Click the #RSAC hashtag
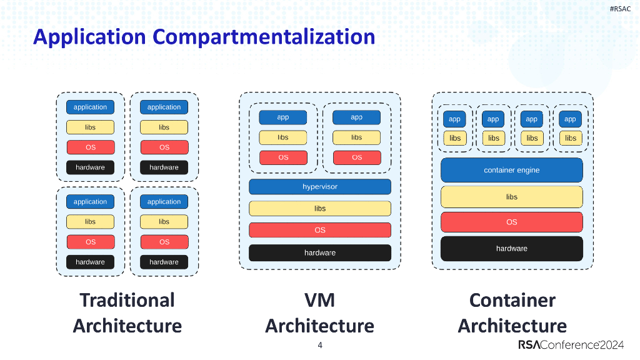click(620, 8)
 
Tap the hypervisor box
click(320, 187)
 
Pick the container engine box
click(511, 170)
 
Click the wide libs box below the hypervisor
click(320, 209)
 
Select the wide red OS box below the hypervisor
click(320, 230)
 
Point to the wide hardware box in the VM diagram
click(320, 252)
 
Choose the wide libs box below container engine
click(511, 197)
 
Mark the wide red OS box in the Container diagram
click(511, 222)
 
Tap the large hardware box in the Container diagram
click(511, 248)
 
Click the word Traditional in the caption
click(127, 300)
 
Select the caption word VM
click(320, 300)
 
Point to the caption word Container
click(512, 300)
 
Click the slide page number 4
click(320, 346)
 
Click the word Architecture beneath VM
click(320, 326)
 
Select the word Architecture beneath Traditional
click(127, 326)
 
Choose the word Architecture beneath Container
click(512, 326)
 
